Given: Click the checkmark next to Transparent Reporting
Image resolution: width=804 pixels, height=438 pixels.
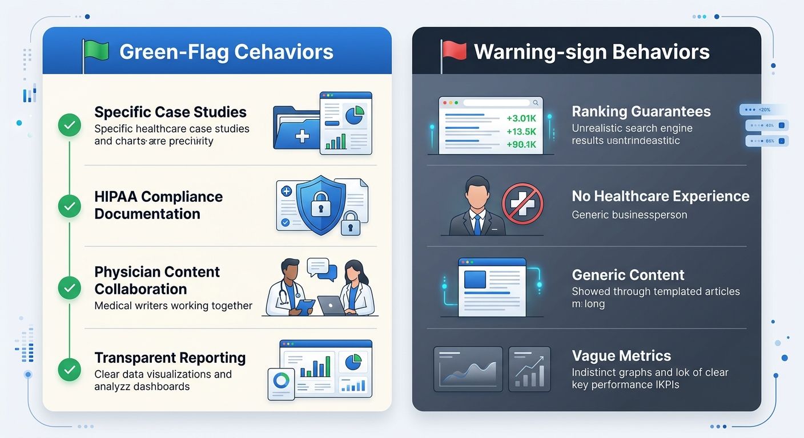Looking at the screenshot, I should tap(70, 370).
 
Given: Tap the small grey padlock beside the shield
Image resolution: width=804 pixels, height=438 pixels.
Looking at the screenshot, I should tap(350, 224).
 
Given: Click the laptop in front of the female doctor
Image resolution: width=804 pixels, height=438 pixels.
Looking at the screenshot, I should tap(332, 306).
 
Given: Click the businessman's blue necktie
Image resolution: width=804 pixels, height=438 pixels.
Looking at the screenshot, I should tap(477, 224).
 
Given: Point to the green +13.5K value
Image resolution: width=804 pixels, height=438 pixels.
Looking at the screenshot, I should tap(521, 132).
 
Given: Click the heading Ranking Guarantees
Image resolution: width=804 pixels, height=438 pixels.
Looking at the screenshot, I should tap(641, 111).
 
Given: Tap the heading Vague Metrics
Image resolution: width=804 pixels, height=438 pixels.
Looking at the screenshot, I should tap(621, 356).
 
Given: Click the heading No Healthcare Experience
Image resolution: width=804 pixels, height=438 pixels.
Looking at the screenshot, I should tap(660, 196).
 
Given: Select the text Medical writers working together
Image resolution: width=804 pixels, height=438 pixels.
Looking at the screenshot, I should tap(173, 306).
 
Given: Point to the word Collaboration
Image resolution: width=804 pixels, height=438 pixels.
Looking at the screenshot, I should tap(140, 289).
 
